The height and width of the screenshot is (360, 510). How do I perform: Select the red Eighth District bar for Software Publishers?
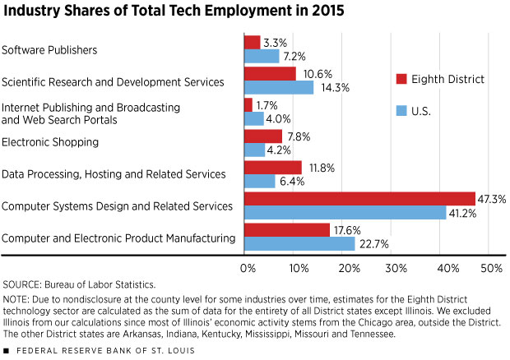point(253,42)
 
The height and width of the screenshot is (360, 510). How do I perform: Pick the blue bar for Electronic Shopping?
point(255,150)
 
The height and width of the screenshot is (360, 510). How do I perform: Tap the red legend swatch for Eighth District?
point(401,79)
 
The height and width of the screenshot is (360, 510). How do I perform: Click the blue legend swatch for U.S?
point(401,108)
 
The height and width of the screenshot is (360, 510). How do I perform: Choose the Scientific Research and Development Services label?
point(113,81)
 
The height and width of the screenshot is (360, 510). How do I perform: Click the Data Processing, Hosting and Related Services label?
point(114,174)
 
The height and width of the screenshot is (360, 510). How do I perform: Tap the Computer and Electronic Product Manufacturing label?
point(118,238)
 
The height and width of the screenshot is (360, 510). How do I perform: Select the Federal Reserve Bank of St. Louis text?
point(87,348)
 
